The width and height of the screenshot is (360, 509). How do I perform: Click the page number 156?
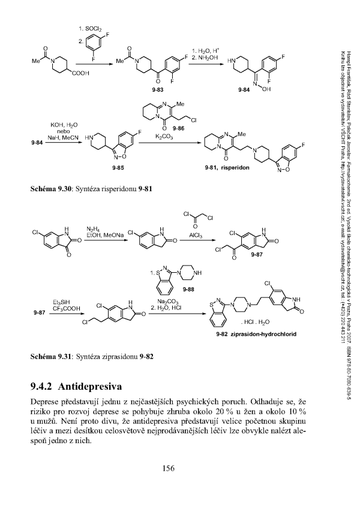click(168, 468)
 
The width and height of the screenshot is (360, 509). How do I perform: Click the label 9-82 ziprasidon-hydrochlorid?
click(257, 333)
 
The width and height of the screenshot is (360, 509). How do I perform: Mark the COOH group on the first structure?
click(82, 73)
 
